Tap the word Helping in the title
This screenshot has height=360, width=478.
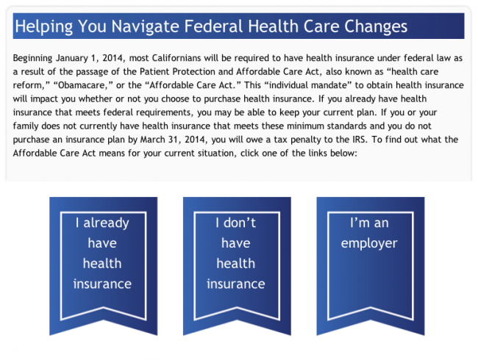[44, 26]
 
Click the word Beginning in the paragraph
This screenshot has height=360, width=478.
[32, 58]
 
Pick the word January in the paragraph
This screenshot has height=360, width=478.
[70, 58]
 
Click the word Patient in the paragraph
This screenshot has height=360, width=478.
[154, 71]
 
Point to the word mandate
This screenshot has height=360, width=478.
[332, 85]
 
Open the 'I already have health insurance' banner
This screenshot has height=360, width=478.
[104, 266]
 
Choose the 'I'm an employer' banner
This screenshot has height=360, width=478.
[371, 266]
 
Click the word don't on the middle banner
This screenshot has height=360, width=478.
[240, 223]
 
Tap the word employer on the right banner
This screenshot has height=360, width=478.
[369, 244]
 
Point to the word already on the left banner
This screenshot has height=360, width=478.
[106, 223]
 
